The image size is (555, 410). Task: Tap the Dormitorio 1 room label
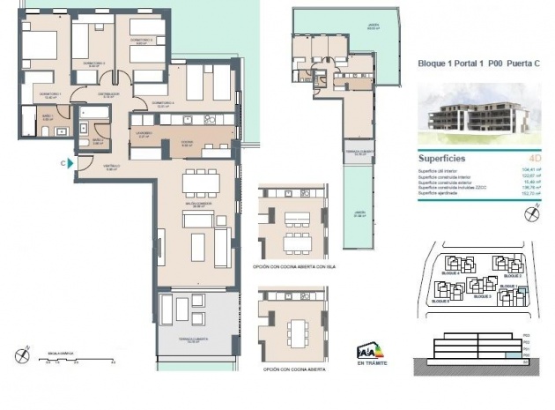[x=49, y=94]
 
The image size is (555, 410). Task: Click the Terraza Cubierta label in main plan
[x=197, y=342]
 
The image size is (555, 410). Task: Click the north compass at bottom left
[x=23, y=355]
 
